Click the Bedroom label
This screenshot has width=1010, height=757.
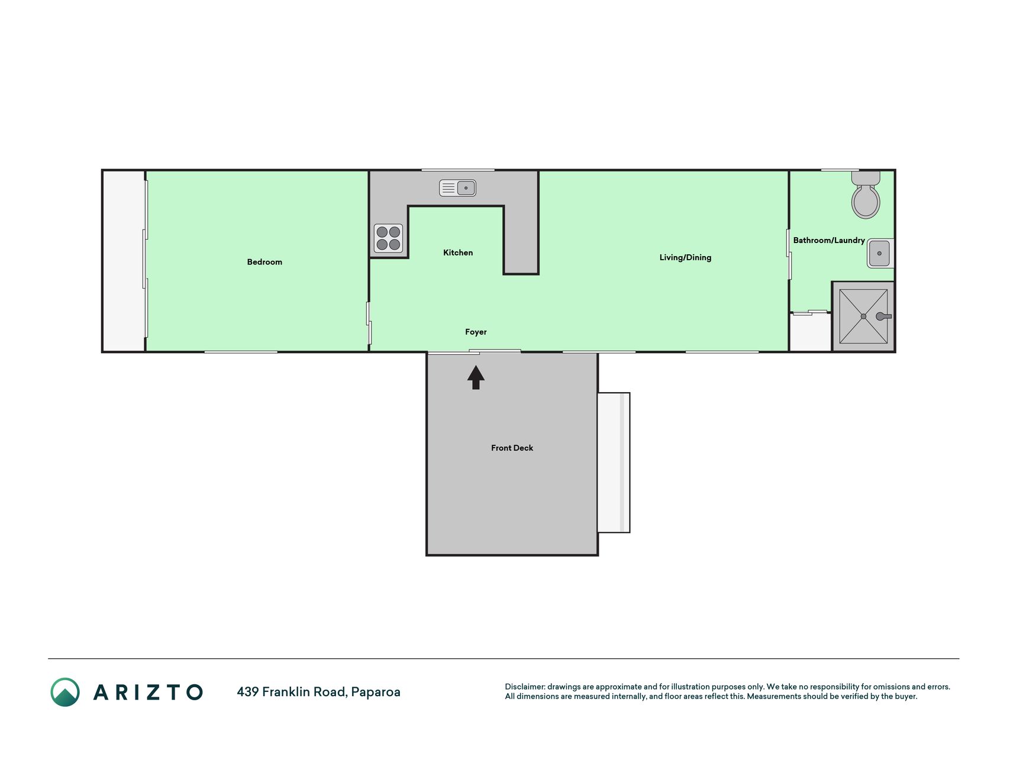264,262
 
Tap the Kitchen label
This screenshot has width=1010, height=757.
458,253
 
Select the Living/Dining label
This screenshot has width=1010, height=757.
685,257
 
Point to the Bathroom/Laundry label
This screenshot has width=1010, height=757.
829,240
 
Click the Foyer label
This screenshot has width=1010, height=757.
476,332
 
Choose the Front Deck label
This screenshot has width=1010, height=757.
512,448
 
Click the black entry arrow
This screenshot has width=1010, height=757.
476,377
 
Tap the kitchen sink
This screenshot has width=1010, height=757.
457,188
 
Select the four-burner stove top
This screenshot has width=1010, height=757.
388,238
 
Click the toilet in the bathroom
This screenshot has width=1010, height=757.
866,195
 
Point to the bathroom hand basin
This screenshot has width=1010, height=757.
880,253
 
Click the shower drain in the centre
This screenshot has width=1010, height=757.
863,316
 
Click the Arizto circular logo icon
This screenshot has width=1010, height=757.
65,692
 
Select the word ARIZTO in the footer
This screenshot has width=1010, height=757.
148,692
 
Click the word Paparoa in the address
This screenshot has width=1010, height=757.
376,692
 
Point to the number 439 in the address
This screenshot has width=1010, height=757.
247,691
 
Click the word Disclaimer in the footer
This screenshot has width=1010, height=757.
524,687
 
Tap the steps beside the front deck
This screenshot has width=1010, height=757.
614,462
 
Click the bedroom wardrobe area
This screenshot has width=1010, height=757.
124,261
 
